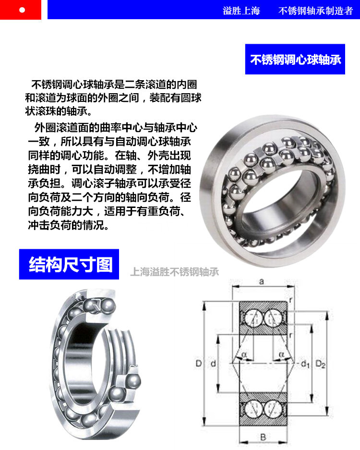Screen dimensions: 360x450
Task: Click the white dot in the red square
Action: click(22, 10)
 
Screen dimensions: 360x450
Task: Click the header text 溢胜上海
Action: click(241, 11)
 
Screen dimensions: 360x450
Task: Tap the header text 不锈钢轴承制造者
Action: click(315, 11)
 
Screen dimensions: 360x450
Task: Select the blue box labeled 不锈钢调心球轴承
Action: click(295, 59)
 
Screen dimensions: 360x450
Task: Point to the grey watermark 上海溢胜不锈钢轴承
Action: click(174, 272)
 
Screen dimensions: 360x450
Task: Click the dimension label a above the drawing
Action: click(261, 281)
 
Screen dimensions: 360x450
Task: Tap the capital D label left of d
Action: click(199, 364)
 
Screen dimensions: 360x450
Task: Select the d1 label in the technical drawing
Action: click(305, 364)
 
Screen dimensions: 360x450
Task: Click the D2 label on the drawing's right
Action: click(321, 364)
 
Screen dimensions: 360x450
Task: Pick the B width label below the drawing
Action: click(263, 437)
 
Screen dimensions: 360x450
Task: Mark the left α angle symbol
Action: click(244, 354)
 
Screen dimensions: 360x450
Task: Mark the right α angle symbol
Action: click(281, 354)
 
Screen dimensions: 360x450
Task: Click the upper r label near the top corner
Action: click(290, 300)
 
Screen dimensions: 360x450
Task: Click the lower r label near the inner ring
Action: click(290, 335)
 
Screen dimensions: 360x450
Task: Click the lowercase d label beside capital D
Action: click(213, 364)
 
